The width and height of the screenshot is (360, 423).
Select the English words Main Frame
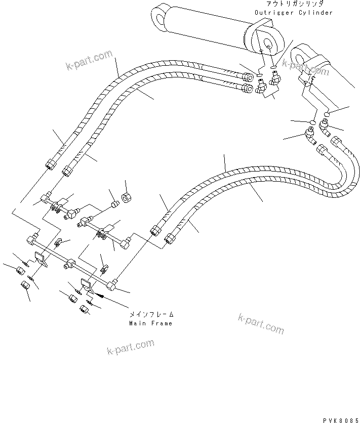150,323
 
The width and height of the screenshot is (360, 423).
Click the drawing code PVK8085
340,419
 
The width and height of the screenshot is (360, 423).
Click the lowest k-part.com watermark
131,348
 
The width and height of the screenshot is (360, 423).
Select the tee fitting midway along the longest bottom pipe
69,263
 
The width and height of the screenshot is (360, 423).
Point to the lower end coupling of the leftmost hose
51,165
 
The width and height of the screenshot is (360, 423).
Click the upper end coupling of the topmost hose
247,77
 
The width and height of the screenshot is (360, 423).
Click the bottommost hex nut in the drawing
83,309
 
